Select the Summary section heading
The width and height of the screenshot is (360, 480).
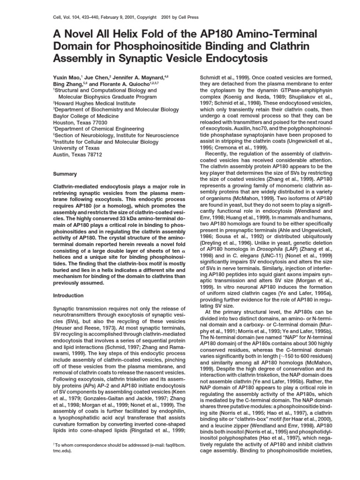(66, 174)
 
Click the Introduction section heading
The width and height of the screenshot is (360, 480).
(68, 296)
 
